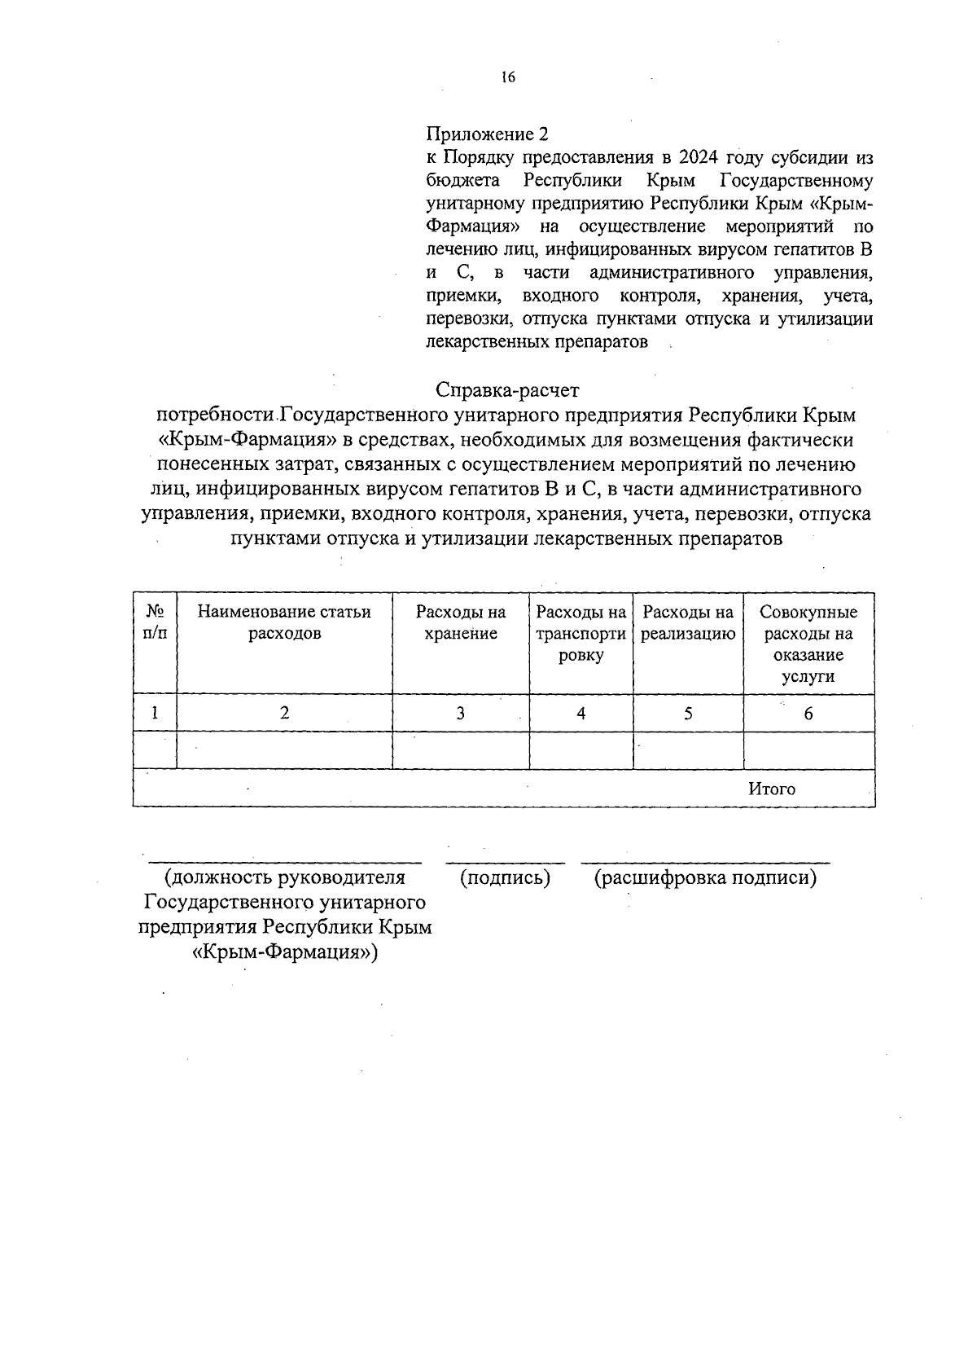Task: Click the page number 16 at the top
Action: tap(508, 77)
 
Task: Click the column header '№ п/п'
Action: tap(155, 622)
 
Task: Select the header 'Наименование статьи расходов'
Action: tap(284, 622)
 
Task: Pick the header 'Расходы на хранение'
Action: tap(461, 622)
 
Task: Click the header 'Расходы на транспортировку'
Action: tap(581, 634)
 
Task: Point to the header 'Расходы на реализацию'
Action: tap(688, 622)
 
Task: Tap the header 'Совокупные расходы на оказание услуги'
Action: tap(808, 644)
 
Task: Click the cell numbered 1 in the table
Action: tap(155, 713)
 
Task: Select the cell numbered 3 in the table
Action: tap(461, 714)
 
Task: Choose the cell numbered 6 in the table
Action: tap(808, 714)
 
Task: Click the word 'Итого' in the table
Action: tap(771, 789)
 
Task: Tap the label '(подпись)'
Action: tap(506, 878)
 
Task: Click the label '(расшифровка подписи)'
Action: tap(705, 878)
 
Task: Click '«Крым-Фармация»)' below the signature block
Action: tap(285, 952)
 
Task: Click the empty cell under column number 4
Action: tap(581, 750)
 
